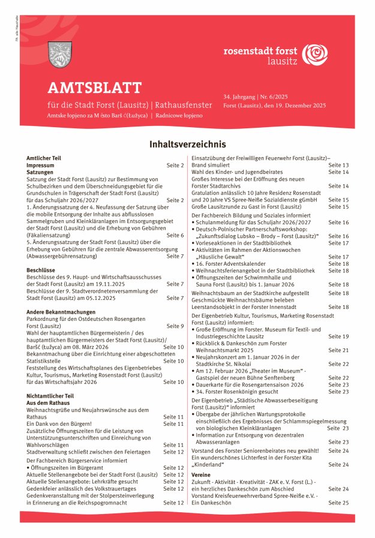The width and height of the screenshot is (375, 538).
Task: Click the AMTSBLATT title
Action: click(x=95, y=89)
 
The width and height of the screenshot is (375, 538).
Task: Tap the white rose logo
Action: click(x=314, y=55)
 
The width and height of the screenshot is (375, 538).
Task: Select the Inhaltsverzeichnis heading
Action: click(x=187, y=145)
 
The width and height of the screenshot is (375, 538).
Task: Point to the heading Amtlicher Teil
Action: click(x=44, y=158)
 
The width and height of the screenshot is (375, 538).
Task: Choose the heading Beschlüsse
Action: click(x=41, y=270)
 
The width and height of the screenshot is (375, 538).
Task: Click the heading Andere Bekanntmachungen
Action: click(x=61, y=312)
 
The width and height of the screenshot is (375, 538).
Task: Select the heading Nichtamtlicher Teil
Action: click(x=50, y=396)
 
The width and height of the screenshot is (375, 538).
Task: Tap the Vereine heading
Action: click(x=202, y=474)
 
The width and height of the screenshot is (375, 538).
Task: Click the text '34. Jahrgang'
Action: click(x=238, y=96)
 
